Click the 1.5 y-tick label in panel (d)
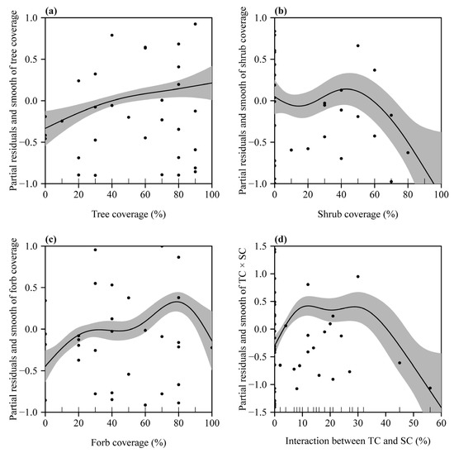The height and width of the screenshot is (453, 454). point(262,246)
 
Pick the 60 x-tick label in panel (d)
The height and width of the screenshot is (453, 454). point(441,422)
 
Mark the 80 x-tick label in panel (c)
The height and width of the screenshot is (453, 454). point(178,422)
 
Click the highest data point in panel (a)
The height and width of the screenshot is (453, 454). point(195,24)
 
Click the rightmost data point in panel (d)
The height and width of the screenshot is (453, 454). point(429,388)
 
